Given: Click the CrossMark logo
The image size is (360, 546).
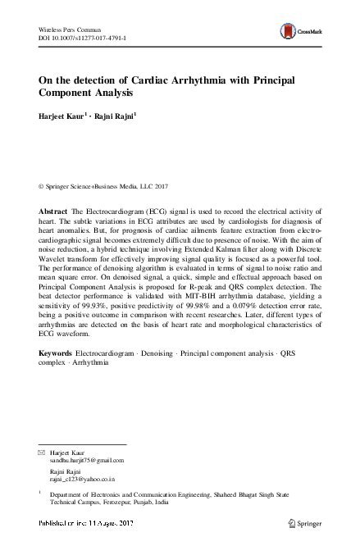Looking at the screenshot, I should pos(299,31).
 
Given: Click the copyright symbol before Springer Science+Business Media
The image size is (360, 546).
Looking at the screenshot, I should pos(42,186).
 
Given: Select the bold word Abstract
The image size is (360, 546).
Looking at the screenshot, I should pos(54,212).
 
